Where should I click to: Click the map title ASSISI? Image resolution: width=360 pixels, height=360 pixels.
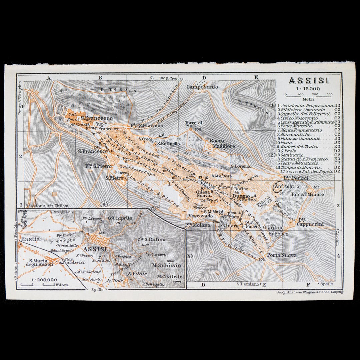308,81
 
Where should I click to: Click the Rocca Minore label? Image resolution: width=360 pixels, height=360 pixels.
308,194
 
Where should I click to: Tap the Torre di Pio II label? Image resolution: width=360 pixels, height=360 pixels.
194,125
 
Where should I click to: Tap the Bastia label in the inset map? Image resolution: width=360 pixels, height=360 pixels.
30,239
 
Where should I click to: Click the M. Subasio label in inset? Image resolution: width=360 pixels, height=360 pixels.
166,265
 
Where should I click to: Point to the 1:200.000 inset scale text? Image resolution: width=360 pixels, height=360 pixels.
43,280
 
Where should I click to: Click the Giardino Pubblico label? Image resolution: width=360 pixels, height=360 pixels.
275,231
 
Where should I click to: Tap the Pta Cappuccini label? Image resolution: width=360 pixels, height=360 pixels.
311,222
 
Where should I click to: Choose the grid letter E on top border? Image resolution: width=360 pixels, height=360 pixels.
256,78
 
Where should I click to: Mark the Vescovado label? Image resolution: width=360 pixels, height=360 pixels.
200,216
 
